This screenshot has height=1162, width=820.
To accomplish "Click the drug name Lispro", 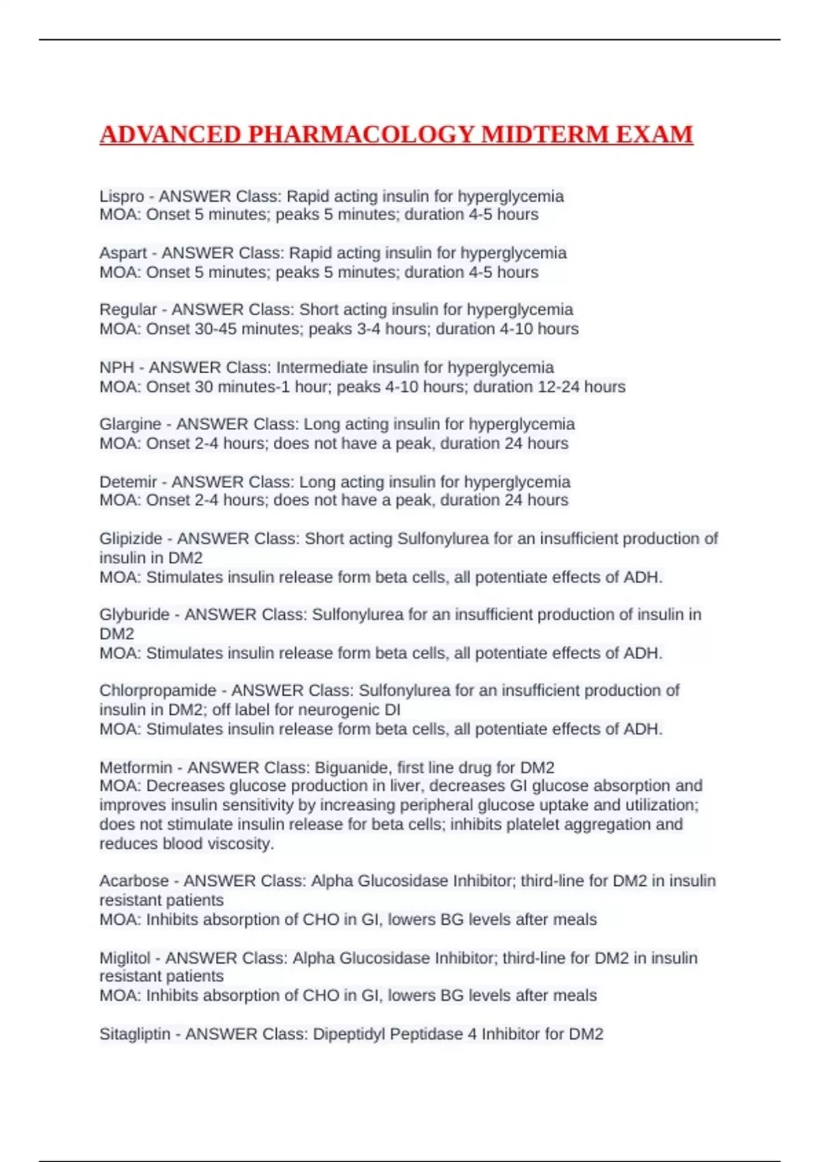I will coord(122,196).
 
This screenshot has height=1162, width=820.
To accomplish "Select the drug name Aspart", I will coord(123,253).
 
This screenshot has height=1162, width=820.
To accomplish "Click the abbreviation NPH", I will coord(116,367).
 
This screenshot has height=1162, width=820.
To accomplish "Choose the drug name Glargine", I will coord(131,424).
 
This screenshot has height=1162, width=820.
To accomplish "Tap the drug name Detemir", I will coord(128,482).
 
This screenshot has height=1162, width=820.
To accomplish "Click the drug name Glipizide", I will coord(131,539).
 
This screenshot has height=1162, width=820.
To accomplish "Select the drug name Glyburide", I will coord(134,614).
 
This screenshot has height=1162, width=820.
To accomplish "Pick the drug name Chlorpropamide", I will coord(158,690).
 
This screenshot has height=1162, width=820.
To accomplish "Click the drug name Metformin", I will coord(135,768).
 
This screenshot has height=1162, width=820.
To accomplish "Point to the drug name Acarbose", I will coord(133,880).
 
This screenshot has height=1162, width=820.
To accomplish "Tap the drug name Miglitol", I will coord(124,958).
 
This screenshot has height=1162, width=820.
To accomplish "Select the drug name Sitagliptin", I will coord(135,1033).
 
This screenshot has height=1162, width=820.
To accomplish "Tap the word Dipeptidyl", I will coord(348,1033).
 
